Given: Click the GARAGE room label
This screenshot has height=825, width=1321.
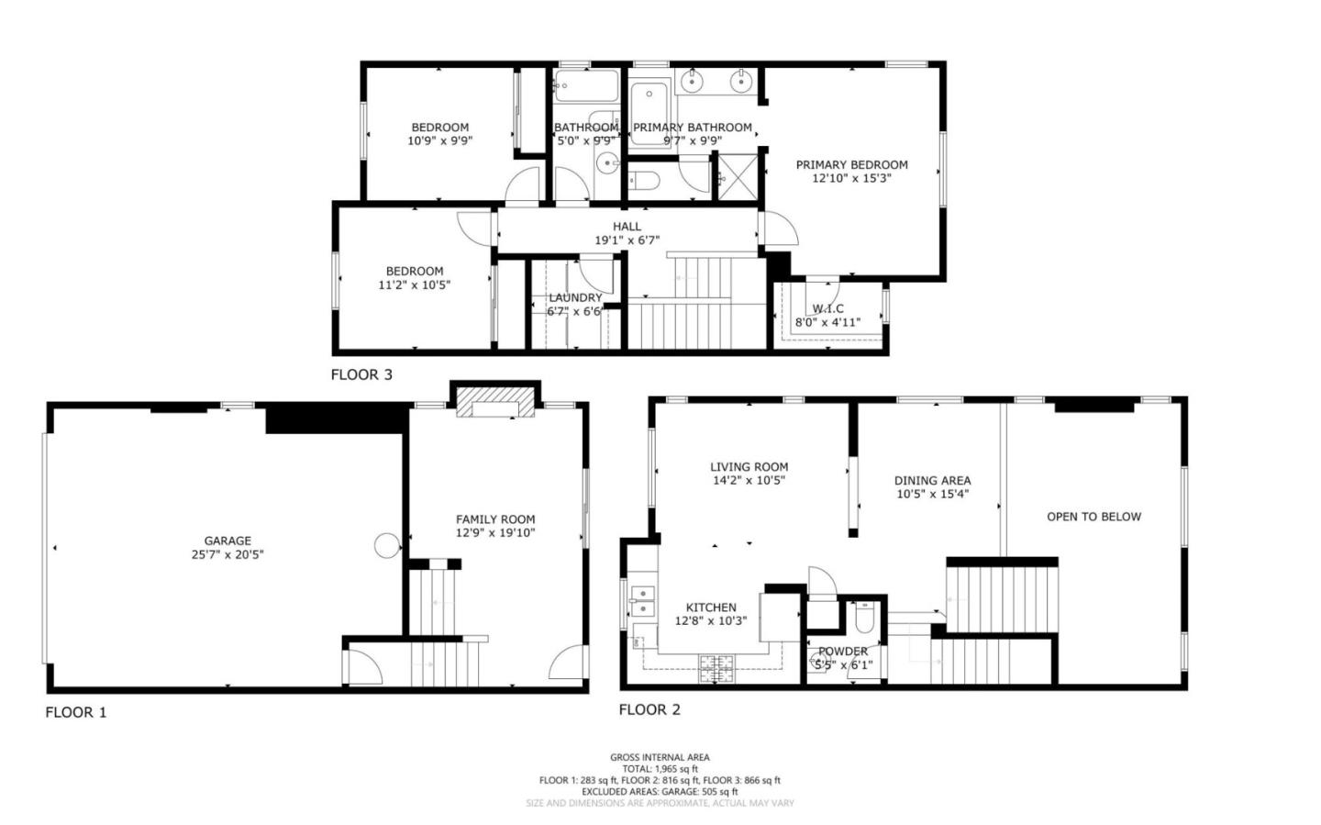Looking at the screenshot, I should (228, 541).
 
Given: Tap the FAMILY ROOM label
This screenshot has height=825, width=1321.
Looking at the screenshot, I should (495, 519).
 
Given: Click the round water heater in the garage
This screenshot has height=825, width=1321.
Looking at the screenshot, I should (387, 546).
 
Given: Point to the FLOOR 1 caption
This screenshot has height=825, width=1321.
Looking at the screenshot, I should (76, 712).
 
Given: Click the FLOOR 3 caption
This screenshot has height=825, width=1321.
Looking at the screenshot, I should (361, 374).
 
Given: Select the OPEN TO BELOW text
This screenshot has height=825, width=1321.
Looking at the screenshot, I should (1093, 517).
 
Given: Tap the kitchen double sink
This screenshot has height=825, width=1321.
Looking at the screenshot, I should (642, 601).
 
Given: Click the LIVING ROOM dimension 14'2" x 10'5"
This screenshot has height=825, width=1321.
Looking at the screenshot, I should (749, 480).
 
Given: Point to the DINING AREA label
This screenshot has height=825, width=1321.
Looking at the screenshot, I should (932, 480).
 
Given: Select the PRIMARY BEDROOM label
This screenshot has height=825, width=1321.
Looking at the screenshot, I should (851, 165).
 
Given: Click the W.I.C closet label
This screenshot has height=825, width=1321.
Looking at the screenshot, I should (827, 309).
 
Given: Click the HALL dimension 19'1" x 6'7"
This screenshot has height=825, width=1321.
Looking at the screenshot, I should (627, 240).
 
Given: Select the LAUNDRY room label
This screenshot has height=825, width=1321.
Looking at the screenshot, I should (575, 297).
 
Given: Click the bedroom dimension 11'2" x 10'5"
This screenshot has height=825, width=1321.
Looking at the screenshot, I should (414, 284).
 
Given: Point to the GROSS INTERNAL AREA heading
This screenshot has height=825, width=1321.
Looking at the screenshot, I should (660, 757).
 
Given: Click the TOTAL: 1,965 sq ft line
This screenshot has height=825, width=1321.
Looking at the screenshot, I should (660, 769).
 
